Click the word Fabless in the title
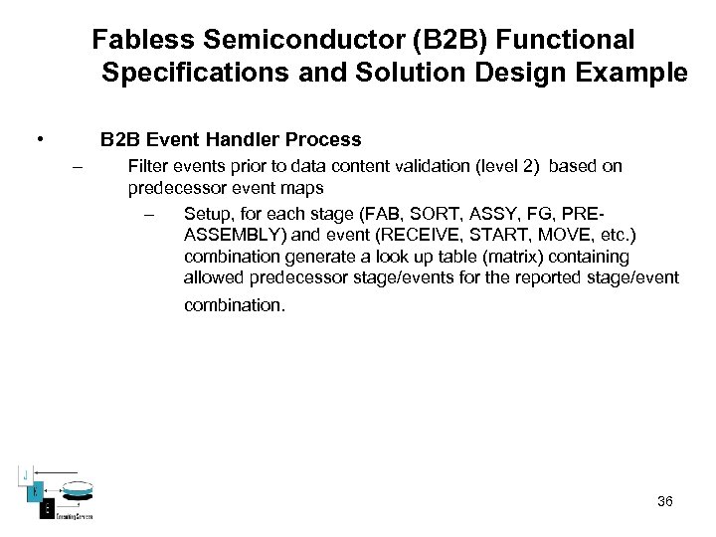point(143,40)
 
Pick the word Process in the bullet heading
point(324,140)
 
